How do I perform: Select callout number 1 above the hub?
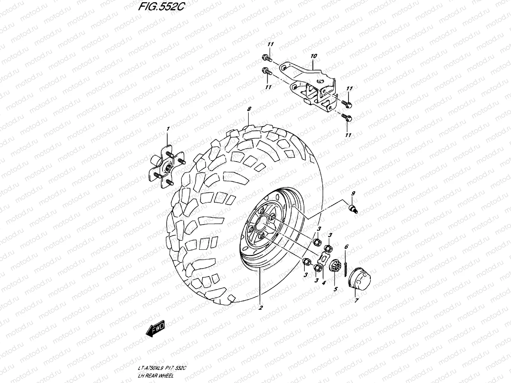point(168,129)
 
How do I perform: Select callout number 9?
point(353,193)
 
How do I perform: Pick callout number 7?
point(356,301)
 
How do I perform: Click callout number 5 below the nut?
point(335,290)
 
